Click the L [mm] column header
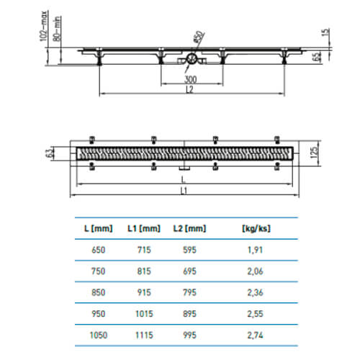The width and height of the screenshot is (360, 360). (99, 228)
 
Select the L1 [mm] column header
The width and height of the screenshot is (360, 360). (144, 228)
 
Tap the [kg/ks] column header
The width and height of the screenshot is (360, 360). (256, 228)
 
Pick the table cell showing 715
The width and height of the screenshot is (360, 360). (144, 250)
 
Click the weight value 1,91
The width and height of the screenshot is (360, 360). (255, 250)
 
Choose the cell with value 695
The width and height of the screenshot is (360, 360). (189, 271)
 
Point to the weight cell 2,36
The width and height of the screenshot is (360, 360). (255, 292)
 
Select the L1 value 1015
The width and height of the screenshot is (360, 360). (144, 314)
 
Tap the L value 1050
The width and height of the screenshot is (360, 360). (99, 335)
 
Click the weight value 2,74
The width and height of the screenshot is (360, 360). (255, 335)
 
